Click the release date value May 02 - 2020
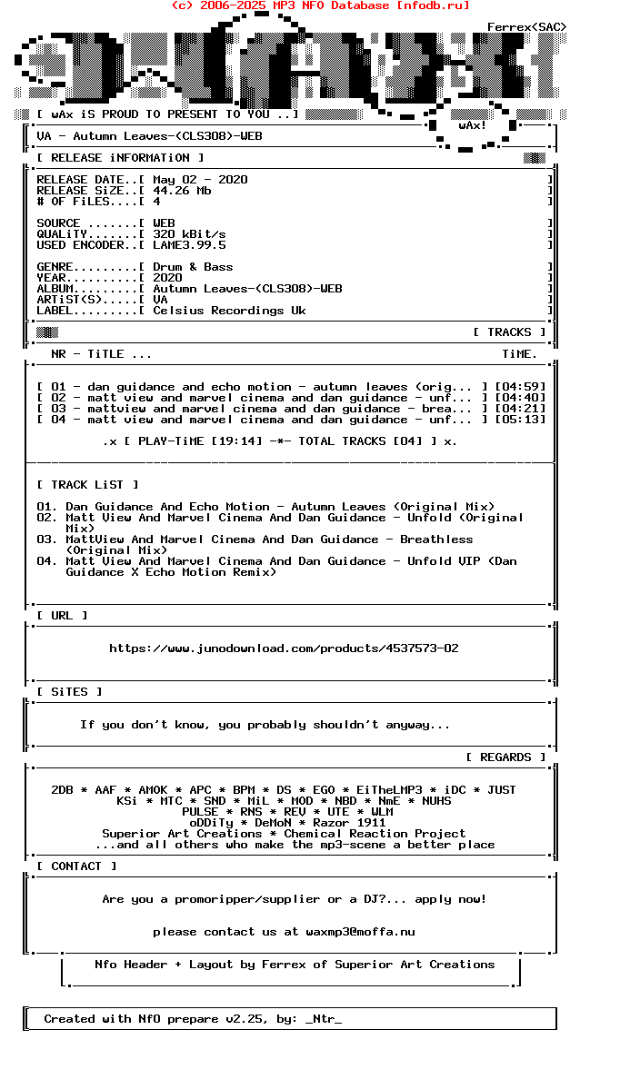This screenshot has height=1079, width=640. coord(200,180)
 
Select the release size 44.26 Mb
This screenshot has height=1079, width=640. coord(182,191)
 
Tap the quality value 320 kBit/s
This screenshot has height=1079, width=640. coord(189,234)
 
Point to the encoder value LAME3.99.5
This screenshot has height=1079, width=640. coord(189,245)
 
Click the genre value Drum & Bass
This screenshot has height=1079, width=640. coord(193,267)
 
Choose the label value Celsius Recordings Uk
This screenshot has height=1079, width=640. coord(229,311)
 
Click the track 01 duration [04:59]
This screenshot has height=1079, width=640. coord(520,387)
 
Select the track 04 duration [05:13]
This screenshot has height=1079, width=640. coord(520,420)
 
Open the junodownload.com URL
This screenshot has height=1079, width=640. coord(284,648)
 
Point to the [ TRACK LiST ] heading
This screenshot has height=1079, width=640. coord(87,485)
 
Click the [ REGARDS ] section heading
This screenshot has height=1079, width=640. coord(505,757)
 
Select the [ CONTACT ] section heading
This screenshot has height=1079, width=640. coord(76,866)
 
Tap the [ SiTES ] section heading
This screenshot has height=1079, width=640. coord(69,692)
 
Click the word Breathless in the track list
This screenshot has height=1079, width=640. coord(436,539)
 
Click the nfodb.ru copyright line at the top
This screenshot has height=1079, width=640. coord(320,5)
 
